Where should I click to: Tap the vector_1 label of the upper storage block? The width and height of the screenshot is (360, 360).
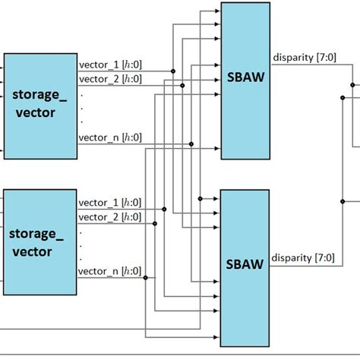tap(110, 65)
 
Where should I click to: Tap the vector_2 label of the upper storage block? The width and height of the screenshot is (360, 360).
tap(110, 77)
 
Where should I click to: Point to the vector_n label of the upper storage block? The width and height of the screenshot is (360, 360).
tap(110, 137)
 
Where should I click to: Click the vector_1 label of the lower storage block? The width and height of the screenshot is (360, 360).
tap(110, 203)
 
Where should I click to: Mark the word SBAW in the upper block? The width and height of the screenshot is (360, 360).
tap(244, 79)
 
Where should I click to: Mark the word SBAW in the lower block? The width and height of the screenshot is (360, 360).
tap(244, 264)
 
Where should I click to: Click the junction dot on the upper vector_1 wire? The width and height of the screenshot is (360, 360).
tap(174, 71)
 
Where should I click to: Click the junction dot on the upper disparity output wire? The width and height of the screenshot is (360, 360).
tap(352, 86)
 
